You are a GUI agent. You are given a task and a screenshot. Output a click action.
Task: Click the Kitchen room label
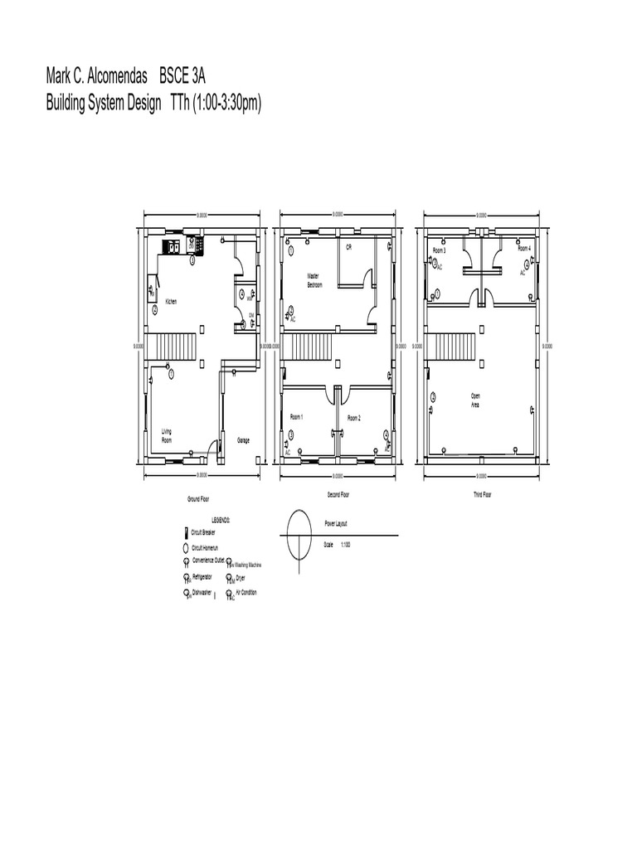tap(171, 301)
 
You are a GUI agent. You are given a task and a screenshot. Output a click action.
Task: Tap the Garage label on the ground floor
tap(244, 439)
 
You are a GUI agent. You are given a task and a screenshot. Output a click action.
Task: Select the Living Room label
tap(167, 434)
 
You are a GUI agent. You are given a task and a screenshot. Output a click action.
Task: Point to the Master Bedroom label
tap(314, 280)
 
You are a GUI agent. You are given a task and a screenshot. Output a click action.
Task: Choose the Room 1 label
tap(297, 416)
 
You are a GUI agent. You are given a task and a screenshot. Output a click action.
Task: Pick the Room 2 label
tap(354, 417)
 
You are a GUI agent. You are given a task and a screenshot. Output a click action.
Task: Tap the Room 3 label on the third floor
tap(440, 250)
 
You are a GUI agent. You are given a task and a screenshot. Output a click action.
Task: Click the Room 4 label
tap(524, 248)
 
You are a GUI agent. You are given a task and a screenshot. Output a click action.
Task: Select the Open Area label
tap(475, 400)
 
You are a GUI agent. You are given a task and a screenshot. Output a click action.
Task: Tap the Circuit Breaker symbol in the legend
tap(186, 533)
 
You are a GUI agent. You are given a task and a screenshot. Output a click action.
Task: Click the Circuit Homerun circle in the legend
tap(186, 548)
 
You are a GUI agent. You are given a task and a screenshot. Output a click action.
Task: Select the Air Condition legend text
tap(246, 593)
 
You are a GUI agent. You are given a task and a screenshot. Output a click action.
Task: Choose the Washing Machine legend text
tap(248, 565)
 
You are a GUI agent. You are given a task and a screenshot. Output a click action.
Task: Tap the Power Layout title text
tap(336, 525)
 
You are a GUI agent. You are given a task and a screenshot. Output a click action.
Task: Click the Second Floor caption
tap(338, 494)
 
